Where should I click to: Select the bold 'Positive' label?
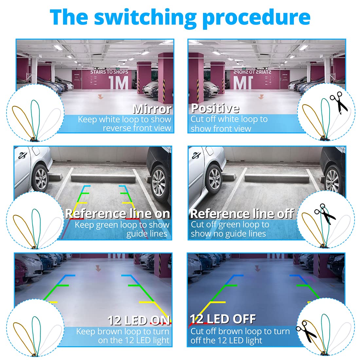[215, 108]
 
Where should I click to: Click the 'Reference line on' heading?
[117, 213]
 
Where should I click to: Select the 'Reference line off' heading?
[242, 214]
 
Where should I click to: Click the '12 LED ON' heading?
[139, 320]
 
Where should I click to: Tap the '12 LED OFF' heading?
[223, 319]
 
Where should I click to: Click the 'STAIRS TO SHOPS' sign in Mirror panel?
[109, 72]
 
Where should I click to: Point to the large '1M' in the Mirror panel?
[118, 82]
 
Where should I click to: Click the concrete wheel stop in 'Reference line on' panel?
[103, 178]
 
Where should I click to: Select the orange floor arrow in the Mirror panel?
[100, 97]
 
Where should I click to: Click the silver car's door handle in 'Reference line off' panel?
[196, 155]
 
